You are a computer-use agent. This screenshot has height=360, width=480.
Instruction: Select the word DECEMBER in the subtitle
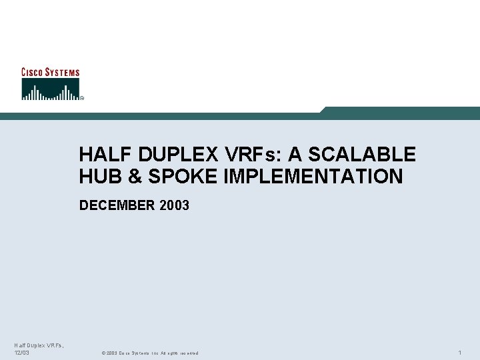click(117, 205)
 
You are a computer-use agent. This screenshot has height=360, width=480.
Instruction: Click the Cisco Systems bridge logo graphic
click(50, 89)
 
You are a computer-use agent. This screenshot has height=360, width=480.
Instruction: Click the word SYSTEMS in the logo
click(63, 72)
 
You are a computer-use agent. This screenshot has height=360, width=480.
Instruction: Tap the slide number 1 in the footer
click(461, 352)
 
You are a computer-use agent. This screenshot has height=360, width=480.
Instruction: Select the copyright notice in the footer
click(149, 353)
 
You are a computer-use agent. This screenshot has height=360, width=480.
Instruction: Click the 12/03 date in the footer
click(22, 353)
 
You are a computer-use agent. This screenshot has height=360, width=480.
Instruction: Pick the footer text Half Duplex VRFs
click(38, 345)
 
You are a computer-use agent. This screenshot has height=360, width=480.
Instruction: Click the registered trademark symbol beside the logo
click(82, 98)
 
